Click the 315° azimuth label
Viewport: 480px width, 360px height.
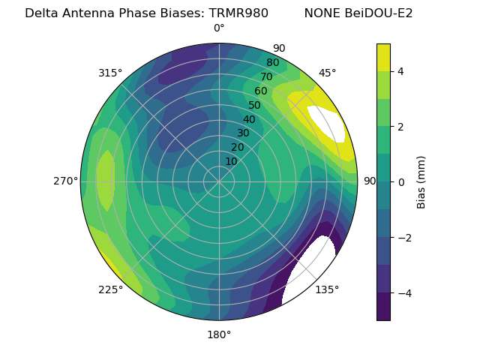(110, 73)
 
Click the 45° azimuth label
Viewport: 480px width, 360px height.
(328, 73)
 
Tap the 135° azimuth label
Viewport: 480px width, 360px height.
(327, 289)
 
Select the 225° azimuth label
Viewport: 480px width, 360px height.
(110, 289)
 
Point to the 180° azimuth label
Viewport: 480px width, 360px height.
(219, 334)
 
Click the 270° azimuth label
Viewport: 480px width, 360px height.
(65, 181)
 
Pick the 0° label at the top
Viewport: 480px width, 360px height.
(219, 28)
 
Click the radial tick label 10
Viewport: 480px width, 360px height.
(231, 161)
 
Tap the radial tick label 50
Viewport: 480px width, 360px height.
(254, 105)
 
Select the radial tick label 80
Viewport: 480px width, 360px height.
(272, 63)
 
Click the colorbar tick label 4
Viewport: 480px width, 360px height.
(401, 71)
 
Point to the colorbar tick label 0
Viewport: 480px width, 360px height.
(401, 181)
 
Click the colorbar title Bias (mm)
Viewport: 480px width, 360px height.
(421, 181)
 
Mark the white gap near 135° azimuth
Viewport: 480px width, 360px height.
(309, 268)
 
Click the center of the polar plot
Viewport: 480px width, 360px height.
(219, 181)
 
